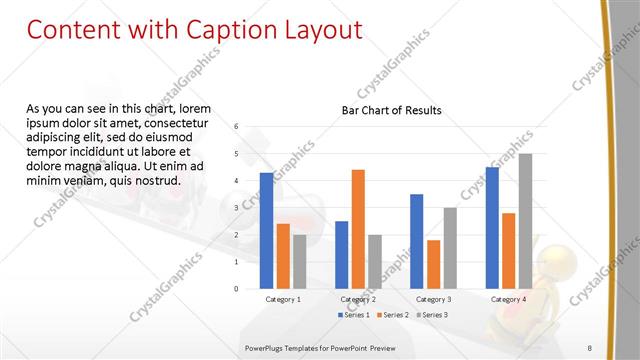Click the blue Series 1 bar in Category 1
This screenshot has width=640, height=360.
[266, 231]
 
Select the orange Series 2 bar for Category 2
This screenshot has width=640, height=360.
[358, 229]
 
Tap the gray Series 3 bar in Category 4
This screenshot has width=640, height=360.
[525, 221]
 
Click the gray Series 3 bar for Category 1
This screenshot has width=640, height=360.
[299, 262]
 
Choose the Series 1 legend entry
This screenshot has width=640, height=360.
[353, 315]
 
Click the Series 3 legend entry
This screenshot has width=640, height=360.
[431, 315]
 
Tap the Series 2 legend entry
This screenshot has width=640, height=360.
[392, 315]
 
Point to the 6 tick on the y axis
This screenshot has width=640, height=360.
[236, 127]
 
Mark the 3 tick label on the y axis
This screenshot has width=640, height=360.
[236, 208]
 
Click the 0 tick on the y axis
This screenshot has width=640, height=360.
[236, 289]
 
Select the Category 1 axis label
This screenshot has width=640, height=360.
[283, 299]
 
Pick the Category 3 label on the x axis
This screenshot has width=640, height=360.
[433, 299]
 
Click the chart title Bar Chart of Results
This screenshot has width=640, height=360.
[392, 110]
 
